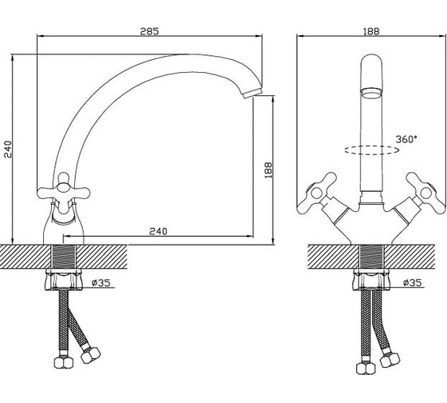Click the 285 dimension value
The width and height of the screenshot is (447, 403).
pyautogui.click(x=149, y=31)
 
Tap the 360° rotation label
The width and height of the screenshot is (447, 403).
pyautogui.click(x=406, y=139)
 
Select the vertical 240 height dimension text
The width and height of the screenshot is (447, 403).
pyautogui.click(x=8, y=149)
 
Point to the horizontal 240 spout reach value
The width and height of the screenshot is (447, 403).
pyautogui.click(x=158, y=231)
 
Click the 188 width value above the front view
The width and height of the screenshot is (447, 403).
pyautogui.click(x=371, y=31)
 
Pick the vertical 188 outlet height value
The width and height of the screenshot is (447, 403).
pyautogui.click(x=268, y=170)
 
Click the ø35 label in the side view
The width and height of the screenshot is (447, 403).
pyautogui.click(x=101, y=283)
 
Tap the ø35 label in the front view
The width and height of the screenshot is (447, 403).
pyautogui.click(x=412, y=283)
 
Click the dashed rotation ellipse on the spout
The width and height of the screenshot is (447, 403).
pyautogui.click(x=371, y=150)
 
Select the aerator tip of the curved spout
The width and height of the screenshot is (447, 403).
pyautogui.click(x=252, y=94)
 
